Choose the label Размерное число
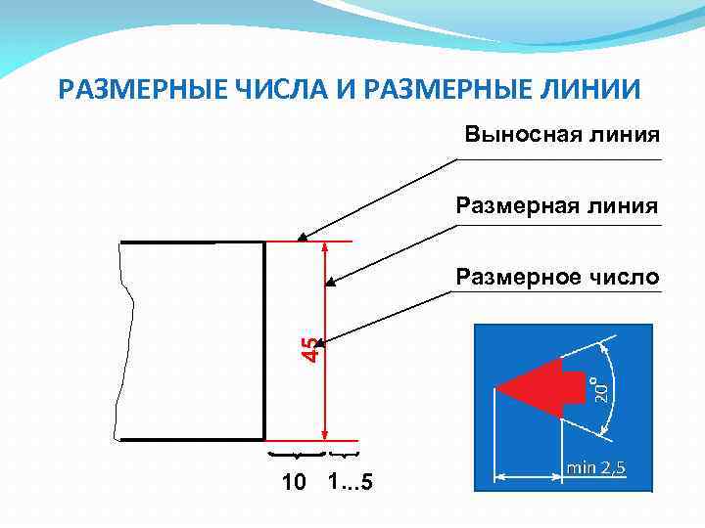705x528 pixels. click(557, 279)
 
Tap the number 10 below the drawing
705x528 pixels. click(293, 484)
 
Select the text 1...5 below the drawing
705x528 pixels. click(350, 483)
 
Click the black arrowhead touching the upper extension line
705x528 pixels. click(303, 236)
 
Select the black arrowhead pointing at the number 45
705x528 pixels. click(329, 342)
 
